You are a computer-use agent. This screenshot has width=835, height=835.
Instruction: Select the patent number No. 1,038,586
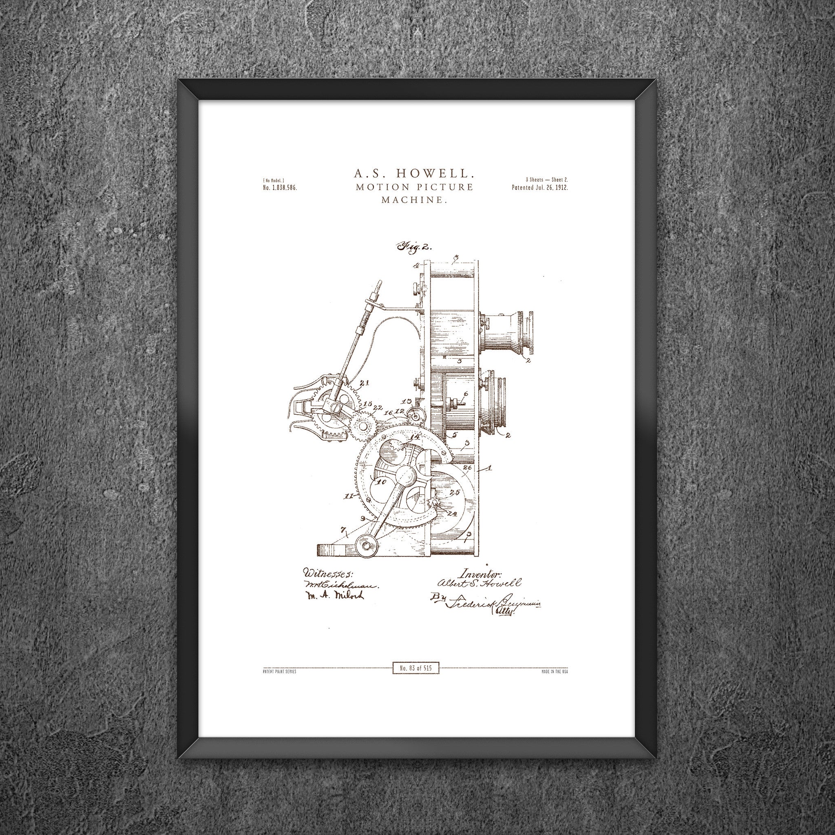click(280, 188)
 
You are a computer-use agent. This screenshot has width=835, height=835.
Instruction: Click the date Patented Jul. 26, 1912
click(539, 188)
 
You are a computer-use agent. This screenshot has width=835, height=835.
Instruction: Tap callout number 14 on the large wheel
click(415, 437)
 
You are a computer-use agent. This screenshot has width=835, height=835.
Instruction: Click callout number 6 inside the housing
click(465, 394)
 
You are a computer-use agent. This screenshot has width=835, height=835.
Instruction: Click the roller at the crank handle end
click(367, 546)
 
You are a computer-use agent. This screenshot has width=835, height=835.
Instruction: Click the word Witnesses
click(328, 574)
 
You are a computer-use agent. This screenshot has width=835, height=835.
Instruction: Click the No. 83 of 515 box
click(415, 668)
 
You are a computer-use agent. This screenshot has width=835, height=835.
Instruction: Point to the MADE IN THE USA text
click(554, 672)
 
